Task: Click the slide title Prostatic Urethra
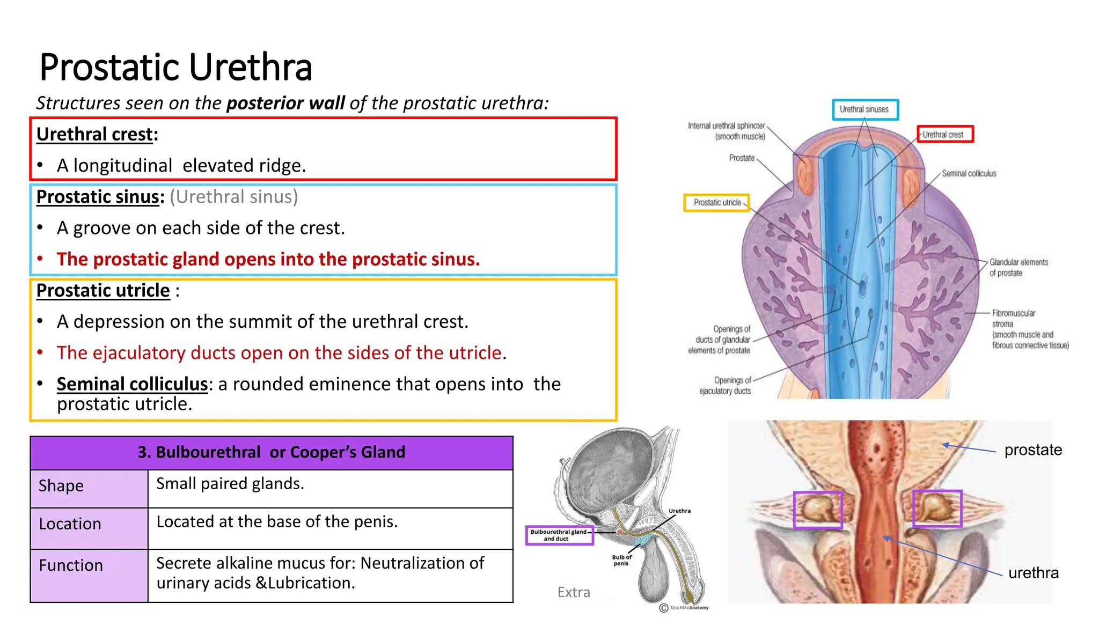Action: tap(175, 68)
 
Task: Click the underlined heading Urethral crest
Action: tap(95, 134)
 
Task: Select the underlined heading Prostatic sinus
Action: tap(98, 197)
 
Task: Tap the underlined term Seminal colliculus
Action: tap(132, 384)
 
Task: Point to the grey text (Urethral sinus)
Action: tap(233, 197)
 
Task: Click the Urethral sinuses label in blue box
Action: tap(864, 109)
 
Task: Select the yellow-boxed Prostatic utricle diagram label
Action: tap(717, 203)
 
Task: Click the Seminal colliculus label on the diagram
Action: tap(969, 174)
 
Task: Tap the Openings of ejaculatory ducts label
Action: tap(725, 386)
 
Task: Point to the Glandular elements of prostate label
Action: tap(1018, 268)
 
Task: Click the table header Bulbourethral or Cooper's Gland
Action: tap(271, 452)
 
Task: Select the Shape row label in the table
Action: tap(61, 486)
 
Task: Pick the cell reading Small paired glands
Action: tap(230, 484)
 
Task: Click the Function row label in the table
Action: tap(71, 565)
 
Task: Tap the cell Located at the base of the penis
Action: tap(277, 522)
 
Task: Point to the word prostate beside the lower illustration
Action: tap(1033, 450)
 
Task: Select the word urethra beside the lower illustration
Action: tap(1033, 573)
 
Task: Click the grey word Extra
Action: tap(574, 592)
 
